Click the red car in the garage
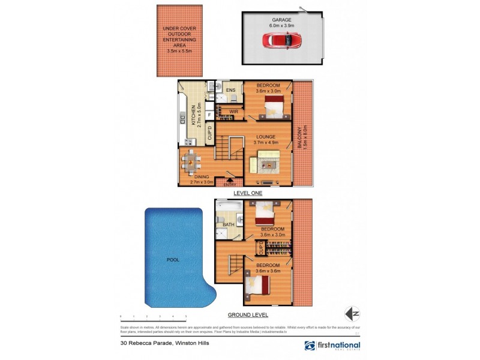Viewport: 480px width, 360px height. [281, 40]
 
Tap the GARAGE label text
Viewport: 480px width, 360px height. [281, 19]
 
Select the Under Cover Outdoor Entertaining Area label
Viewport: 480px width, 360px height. [180, 40]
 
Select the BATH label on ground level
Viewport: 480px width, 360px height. [229, 225]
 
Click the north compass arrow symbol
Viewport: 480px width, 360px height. [352, 314]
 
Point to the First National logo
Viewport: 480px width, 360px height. [332, 346]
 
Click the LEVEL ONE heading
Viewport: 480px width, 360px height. [247, 193]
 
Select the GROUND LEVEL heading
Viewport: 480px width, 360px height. [247, 315]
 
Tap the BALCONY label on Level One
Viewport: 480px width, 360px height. [304, 138]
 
